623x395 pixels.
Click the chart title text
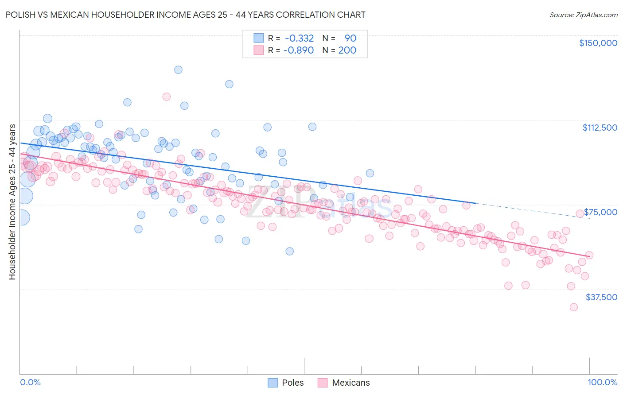185,15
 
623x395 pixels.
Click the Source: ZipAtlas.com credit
583,15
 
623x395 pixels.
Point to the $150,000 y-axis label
598,43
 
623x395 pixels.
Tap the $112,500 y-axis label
600,128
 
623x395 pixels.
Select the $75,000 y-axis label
600,212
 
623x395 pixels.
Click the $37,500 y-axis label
601,297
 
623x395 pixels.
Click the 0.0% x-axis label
30,382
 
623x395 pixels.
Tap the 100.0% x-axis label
602,382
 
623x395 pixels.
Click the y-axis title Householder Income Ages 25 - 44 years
12,202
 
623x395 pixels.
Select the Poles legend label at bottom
292,383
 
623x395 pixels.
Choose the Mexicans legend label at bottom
350,383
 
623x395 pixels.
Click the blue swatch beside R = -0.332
258,39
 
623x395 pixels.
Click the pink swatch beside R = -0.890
258,50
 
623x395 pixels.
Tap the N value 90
350,39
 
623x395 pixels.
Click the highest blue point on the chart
178,70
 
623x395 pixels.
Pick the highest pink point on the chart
167,97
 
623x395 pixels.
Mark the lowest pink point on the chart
574,307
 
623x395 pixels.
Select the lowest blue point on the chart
289,251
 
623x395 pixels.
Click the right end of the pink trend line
589,256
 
